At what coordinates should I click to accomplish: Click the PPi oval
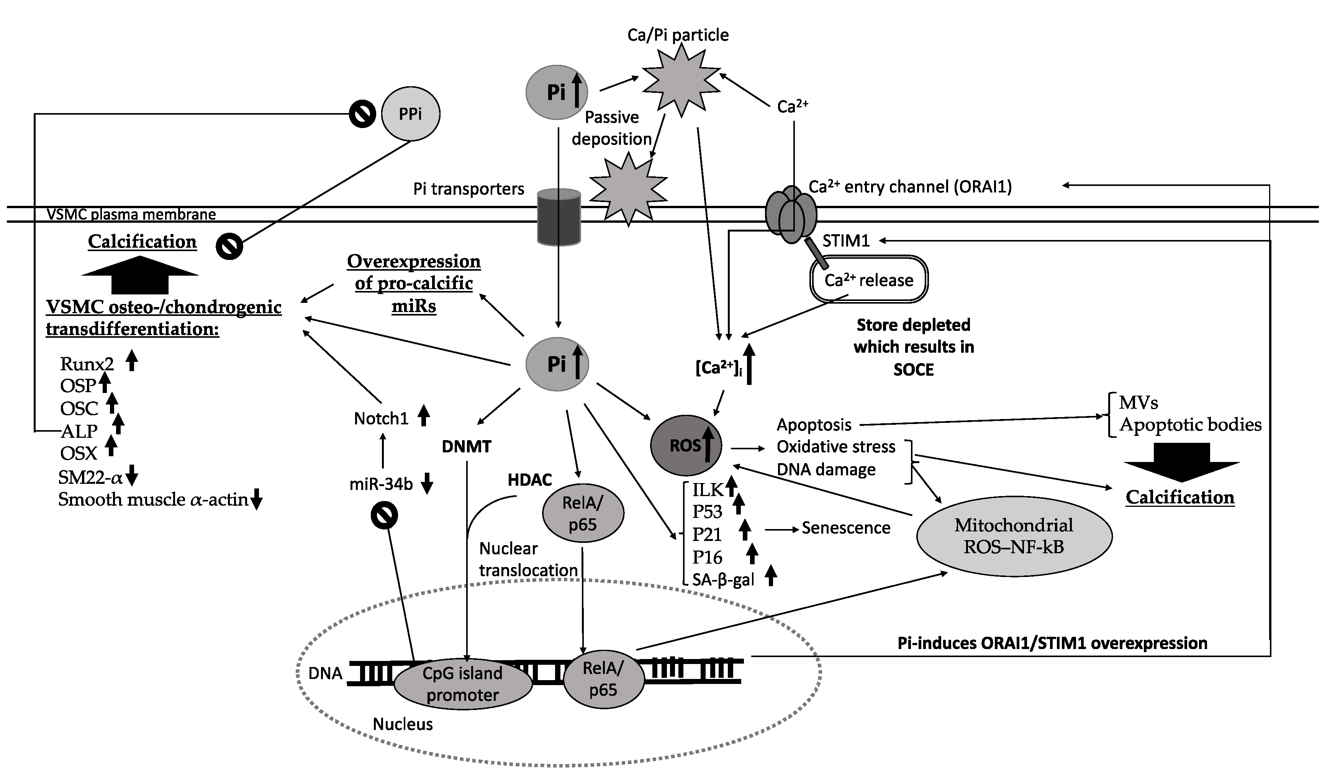click(x=411, y=114)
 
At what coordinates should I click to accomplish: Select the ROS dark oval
click(x=686, y=445)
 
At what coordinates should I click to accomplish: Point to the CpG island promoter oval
click(x=462, y=684)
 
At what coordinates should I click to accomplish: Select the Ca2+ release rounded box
click(x=869, y=280)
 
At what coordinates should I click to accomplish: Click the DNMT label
click(x=466, y=447)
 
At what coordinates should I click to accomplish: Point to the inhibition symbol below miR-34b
click(x=384, y=516)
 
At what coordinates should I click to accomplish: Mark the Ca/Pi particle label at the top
click(x=678, y=35)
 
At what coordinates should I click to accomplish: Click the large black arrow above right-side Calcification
click(x=1181, y=462)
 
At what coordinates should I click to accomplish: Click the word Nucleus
click(x=403, y=724)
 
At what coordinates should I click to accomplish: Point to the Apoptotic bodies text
click(x=1190, y=425)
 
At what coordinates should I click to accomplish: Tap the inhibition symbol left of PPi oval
click(x=362, y=114)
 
